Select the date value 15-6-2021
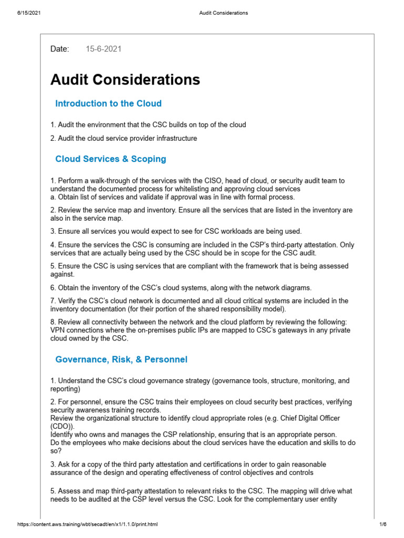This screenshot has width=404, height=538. (104, 49)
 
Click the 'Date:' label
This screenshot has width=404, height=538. (59, 49)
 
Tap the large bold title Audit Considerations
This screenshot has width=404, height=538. (125, 80)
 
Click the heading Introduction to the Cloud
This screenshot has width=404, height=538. (108, 104)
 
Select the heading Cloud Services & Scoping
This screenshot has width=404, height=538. (110, 159)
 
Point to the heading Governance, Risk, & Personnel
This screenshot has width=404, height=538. (121, 359)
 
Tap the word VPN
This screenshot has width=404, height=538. (57, 330)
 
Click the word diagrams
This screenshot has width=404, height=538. (296, 287)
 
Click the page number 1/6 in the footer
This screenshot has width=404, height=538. (382, 524)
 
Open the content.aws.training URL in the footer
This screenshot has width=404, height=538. (87, 524)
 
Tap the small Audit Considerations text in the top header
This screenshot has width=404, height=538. (223, 13)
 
